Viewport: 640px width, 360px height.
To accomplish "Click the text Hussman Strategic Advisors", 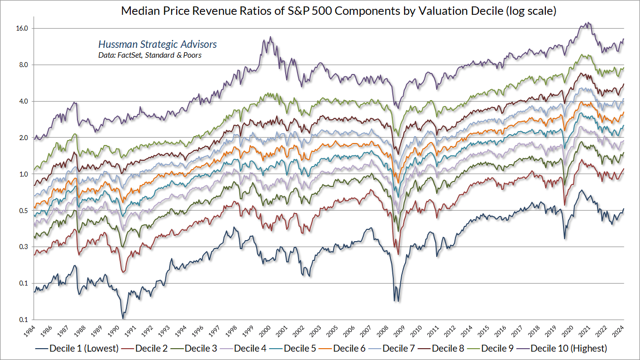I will tap(157, 44).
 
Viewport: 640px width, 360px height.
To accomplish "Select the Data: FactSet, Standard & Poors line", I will tap(150, 55).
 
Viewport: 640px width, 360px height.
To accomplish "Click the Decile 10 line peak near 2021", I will tap(586, 23).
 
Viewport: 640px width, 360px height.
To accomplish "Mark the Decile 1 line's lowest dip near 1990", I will tap(123, 318).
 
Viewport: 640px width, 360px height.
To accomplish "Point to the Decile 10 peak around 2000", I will tap(270, 37).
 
